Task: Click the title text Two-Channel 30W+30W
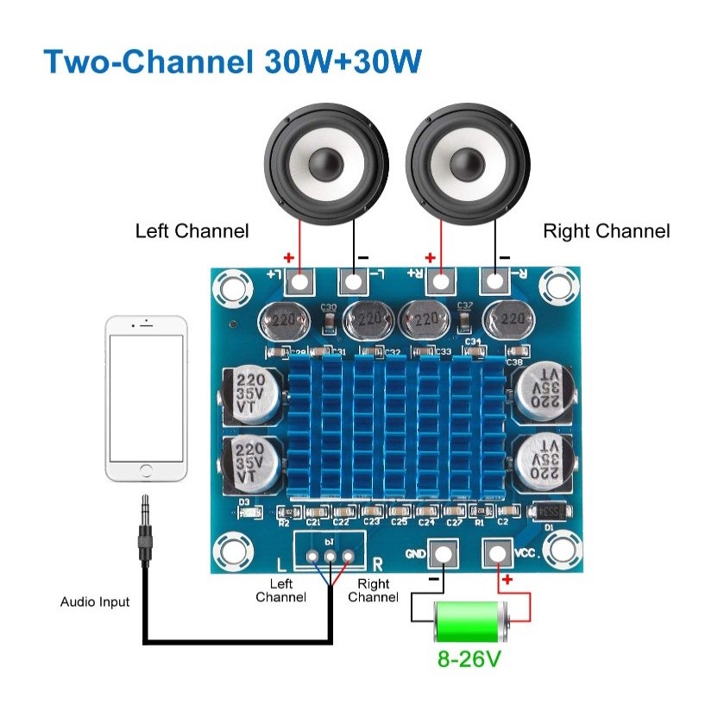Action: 232,62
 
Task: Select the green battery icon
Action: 471,620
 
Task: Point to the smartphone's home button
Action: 146,472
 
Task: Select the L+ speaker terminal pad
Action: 299,280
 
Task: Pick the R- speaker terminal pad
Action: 494,280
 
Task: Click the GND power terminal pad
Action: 442,551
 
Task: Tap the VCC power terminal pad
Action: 496,551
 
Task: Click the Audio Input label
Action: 95,601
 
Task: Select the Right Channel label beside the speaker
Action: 606,231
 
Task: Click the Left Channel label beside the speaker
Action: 192,231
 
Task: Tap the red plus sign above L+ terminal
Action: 288,257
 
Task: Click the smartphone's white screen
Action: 146,398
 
